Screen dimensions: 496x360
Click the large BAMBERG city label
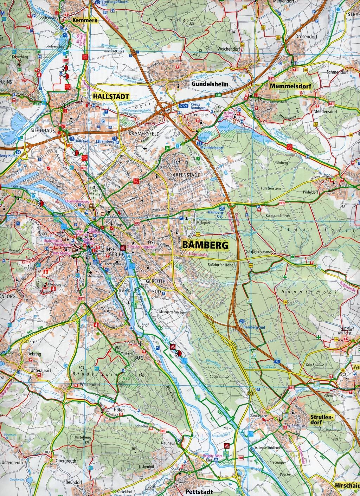pyautogui.click(x=205, y=245)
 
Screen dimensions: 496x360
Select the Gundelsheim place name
pyautogui.click(x=210, y=84)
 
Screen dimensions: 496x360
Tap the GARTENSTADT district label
pyautogui.click(x=185, y=175)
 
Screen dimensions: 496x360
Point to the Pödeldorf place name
pyautogui.click(x=310, y=192)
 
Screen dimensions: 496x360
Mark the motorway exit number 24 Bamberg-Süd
pyautogui.click(x=242, y=322)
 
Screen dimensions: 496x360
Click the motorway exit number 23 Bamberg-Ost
pyautogui.click(x=221, y=209)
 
